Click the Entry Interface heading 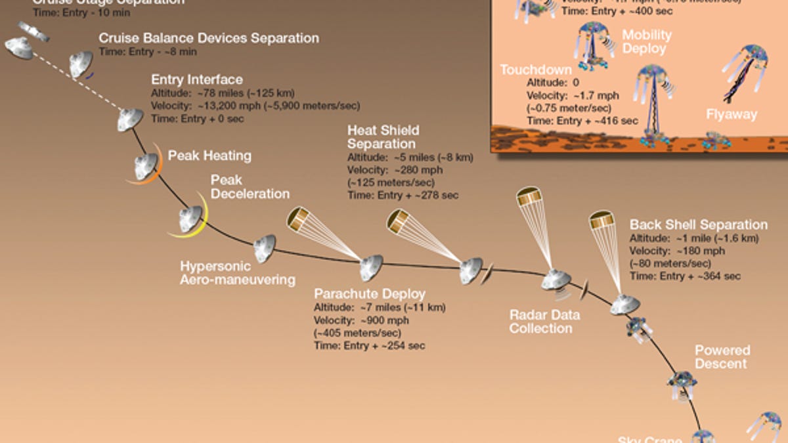[x=197, y=80]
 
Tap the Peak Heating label [x=209, y=156]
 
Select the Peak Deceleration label [x=250, y=187]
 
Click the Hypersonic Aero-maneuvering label [x=237, y=273]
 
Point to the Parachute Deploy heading [x=369, y=294]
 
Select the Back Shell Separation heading [x=698, y=225]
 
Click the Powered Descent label [x=722, y=357]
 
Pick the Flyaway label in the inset [x=732, y=115]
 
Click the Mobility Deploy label [x=647, y=41]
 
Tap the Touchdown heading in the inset [x=536, y=70]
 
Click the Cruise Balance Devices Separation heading [x=209, y=38]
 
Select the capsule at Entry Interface [x=131, y=119]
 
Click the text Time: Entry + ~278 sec [x=403, y=195]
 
